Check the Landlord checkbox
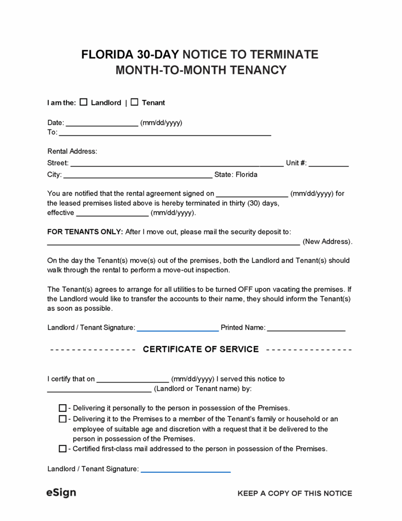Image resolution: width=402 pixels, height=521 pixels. click(x=83, y=102)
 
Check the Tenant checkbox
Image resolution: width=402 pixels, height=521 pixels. click(x=135, y=102)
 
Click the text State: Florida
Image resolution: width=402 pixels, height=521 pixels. click(x=236, y=175)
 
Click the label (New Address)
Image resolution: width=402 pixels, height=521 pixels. click(x=327, y=242)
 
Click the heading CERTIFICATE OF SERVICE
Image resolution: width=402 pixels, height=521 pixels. click(x=200, y=349)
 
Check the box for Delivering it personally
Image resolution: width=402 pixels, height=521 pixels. click(x=63, y=408)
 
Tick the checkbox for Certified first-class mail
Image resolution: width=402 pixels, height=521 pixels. click(x=63, y=449)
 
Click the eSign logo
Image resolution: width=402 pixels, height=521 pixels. click(x=61, y=493)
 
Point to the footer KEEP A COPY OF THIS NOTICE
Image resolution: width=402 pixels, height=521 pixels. click(x=295, y=493)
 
